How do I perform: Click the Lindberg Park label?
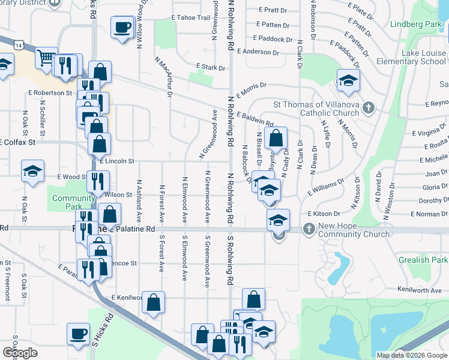[415, 25]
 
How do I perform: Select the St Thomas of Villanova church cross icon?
[369, 109]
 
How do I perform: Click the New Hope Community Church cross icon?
[309, 229]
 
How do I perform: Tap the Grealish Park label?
[423, 260]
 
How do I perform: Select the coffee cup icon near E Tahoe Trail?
[122, 27]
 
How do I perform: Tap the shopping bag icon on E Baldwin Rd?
[275, 138]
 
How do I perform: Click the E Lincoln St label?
[117, 161]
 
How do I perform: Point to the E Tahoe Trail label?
[191, 18]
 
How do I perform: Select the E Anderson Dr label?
[259, 52]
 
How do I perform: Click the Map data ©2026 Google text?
[411, 355]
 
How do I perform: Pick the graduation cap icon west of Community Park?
[32, 171]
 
